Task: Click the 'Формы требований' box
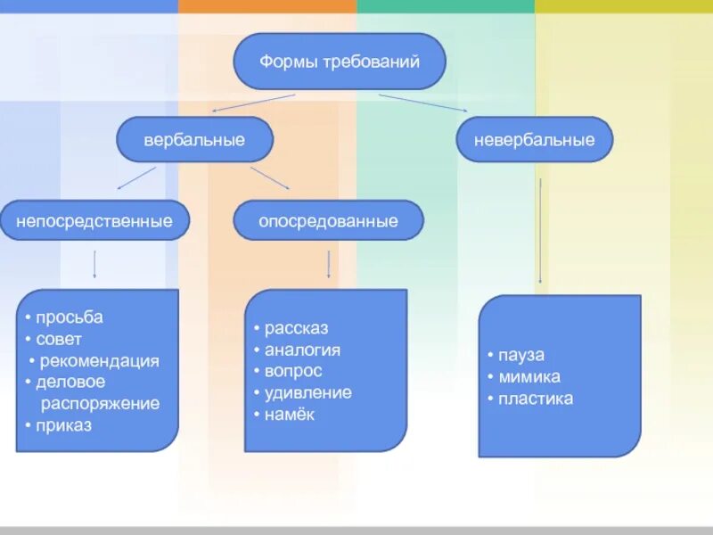[x=339, y=62]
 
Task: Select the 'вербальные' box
[x=194, y=140]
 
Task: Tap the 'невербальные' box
[x=535, y=140]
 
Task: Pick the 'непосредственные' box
[x=94, y=220]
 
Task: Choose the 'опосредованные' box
[x=328, y=220]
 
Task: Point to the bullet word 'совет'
[x=59, y=339]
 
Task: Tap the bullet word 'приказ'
[x=64, y=425]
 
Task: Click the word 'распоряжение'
[x=101, y=404]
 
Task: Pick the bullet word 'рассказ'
[x=297, y=328]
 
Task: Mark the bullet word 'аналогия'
[x=303, y=350]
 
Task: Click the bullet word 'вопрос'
[x=293, y=371]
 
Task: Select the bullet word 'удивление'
[x=308, y=392]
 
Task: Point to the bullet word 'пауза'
[x=521, y=355]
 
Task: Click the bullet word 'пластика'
[x=536, y=399]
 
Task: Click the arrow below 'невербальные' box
[x=540, y=232]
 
